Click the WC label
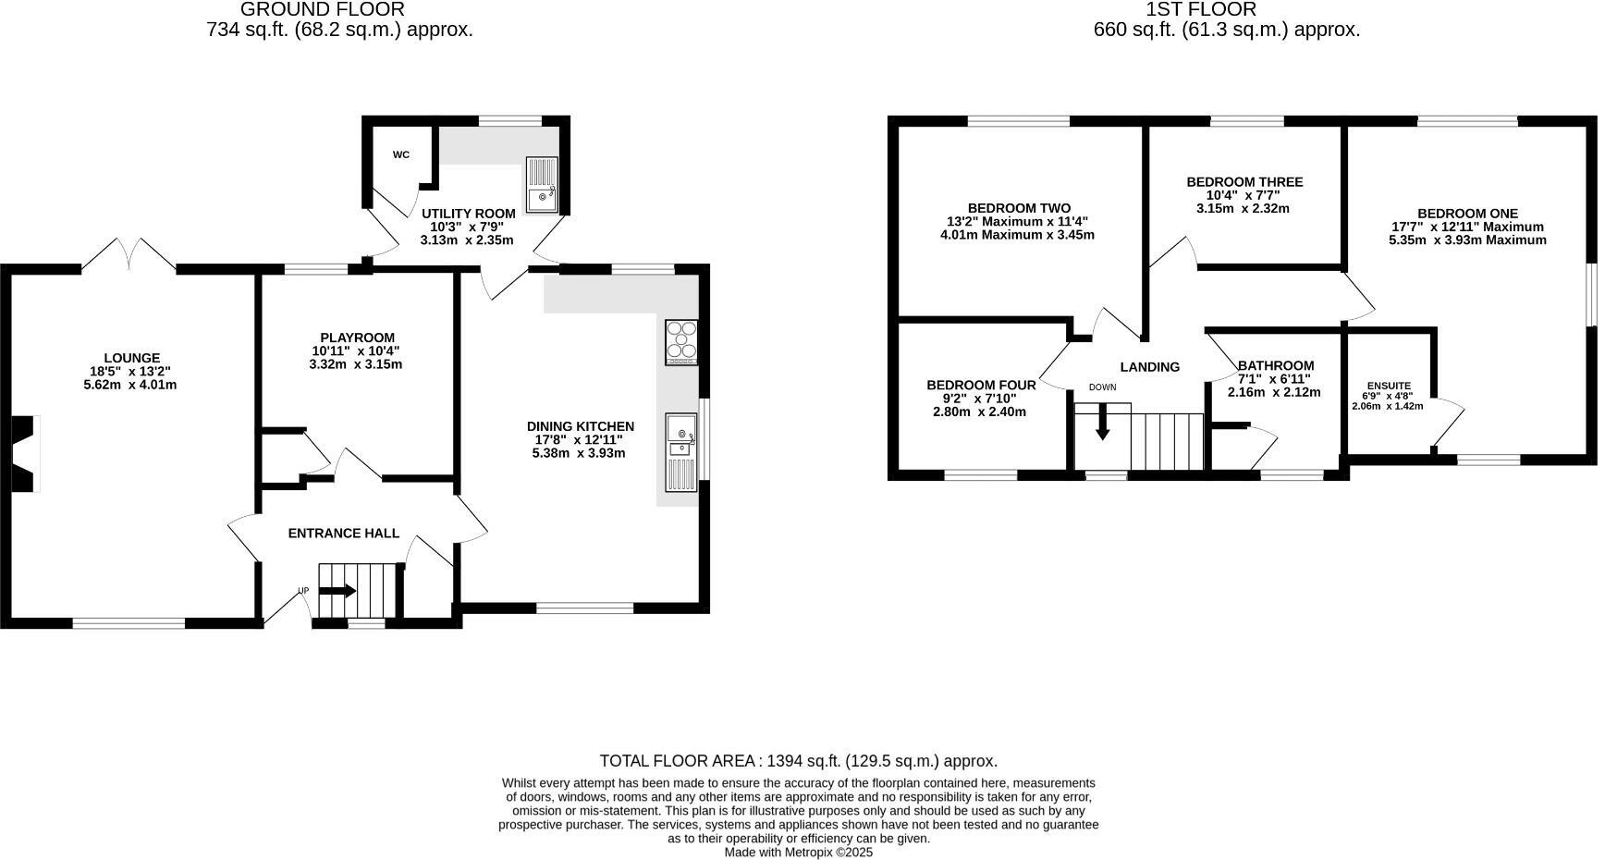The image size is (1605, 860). click(x=400, y=154)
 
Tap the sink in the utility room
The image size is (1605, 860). click(x=541, y=185)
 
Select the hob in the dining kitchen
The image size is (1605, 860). click(x=681, y=341)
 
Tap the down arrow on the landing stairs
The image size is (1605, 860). click(x=1102, y=423)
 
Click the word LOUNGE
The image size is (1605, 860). click(x=131, y=358)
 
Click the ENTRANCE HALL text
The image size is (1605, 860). click(x=343, y=533)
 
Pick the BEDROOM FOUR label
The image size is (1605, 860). click(x=981, y=385)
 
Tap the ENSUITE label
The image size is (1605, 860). click(x=1389, y=386)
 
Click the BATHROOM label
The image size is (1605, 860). click(x=1275, y=365)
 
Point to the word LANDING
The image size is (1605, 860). click(x=1149, y=366)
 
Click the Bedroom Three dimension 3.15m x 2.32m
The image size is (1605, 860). click(x=1244, y=208)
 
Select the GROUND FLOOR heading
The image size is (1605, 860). click(x=322, y=9)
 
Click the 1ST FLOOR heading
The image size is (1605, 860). click(x=1200, y=9)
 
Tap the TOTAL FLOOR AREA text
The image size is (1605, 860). click(x=679, y=761)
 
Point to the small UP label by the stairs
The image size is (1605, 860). click(x=302, y=590)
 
